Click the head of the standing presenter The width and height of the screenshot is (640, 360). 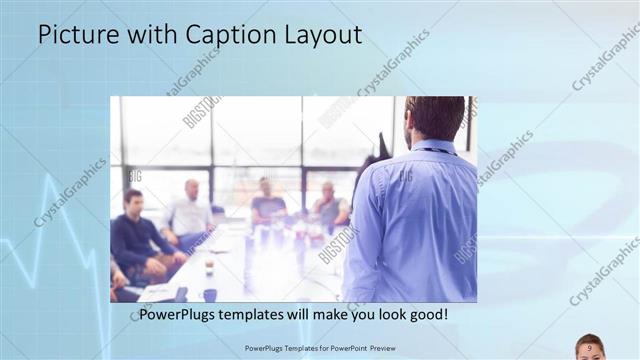pyautogui.click(x=435, y=118)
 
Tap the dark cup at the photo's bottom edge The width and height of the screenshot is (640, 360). pyautogui.click(x=209, y=294)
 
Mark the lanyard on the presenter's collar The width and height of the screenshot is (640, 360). pyautogui.click(x=432, y=151)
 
